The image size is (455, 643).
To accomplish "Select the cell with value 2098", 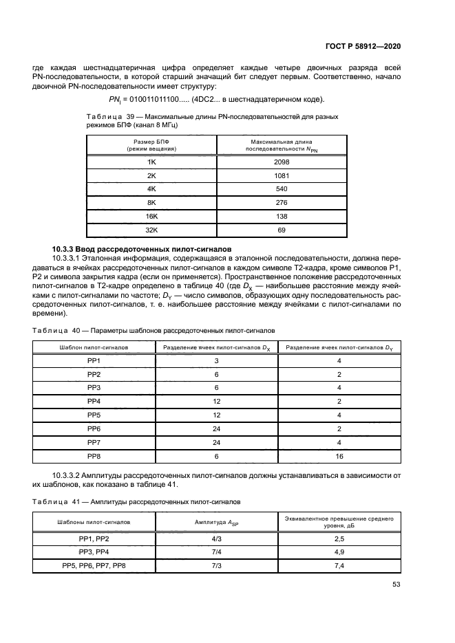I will (282, 162).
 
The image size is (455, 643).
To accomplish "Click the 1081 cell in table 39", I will (282, 175).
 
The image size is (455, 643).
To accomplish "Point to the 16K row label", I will (151, 216).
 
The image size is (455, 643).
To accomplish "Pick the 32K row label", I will (151, 230).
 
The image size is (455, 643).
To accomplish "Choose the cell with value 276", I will (282, 202).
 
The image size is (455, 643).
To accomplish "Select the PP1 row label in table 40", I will (94, 360).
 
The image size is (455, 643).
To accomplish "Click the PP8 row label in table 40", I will (94, 455).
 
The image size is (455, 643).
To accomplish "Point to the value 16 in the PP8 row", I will (339, 455).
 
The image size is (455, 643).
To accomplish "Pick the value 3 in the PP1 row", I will (216, 360).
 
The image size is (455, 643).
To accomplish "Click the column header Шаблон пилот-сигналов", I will (94, 347).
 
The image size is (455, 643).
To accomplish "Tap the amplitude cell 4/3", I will (216, 538).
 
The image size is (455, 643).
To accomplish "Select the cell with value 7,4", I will (339, 565).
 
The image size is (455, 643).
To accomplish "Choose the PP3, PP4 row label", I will (94, 552).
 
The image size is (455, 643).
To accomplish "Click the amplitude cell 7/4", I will (216, 552).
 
